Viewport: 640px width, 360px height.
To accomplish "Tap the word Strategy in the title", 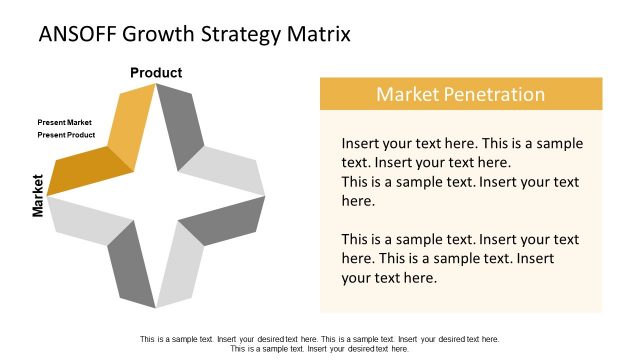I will tap(247, 35).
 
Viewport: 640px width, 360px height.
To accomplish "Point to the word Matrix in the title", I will tap(320, 35).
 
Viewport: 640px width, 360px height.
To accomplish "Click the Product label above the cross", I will tap(156, 72).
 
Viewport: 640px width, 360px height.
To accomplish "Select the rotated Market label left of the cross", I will tap(38, 195).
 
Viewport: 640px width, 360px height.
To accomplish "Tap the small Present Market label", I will tap(64, 122).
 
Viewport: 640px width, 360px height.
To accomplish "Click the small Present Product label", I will tap(66, 134).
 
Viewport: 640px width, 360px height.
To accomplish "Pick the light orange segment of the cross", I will tap(131, 125).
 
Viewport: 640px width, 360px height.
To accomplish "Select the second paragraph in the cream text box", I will tap(461, 258).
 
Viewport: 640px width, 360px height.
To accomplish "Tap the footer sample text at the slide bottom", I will tap(319, 344).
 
